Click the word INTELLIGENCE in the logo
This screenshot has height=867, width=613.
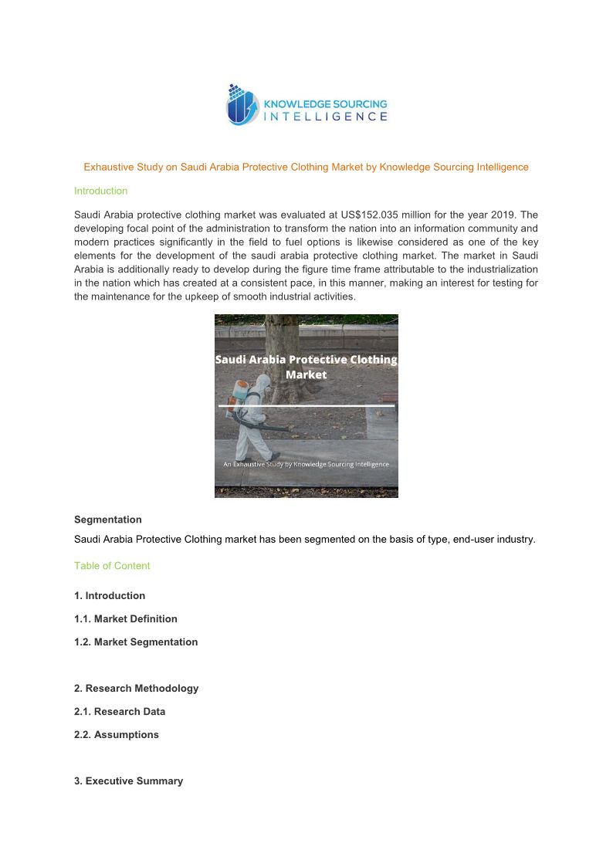click(326, 117)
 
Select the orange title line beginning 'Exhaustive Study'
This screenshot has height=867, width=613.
click(306, 167)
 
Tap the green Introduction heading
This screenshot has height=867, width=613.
click(100, 191)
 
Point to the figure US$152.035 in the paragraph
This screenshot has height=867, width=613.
click(377, 215)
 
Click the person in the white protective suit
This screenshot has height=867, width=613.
click(255, 417)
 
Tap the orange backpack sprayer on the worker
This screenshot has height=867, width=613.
click(239, 394)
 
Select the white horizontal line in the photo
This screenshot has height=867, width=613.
click(306, 405)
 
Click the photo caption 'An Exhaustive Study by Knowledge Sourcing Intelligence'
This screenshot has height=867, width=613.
click(306, 464)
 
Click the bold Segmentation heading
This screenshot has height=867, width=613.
click(107, 520)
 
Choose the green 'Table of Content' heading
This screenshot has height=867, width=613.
click(112, 565)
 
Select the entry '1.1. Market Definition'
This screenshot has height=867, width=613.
click(125, 618)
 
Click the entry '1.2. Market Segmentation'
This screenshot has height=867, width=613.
click(136, 642)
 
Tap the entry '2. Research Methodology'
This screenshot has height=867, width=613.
click(136, 688)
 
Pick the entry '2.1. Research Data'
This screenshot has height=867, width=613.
click(120, 711)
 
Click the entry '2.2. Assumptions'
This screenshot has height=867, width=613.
click(116, 734)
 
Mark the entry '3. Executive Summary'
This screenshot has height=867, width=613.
click(128, 781)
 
